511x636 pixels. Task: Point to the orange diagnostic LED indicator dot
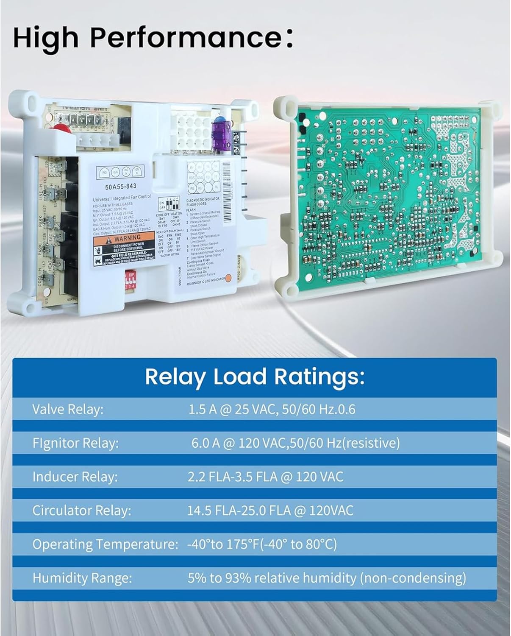(x=228, y=278)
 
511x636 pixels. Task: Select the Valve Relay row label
(x=68, y=410)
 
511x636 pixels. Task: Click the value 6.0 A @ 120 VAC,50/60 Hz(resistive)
(x=295, y=443)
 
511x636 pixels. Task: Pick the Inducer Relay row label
(x=75, y=477)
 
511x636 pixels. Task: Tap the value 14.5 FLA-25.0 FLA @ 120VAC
(x=270, y=510)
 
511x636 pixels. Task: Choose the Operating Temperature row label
(x=105, y=544)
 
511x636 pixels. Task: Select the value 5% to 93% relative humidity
(x=327, y=577)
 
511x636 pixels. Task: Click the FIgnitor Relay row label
(x=75, y=443)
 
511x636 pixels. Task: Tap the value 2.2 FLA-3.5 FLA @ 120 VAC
(x=265, y=477)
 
